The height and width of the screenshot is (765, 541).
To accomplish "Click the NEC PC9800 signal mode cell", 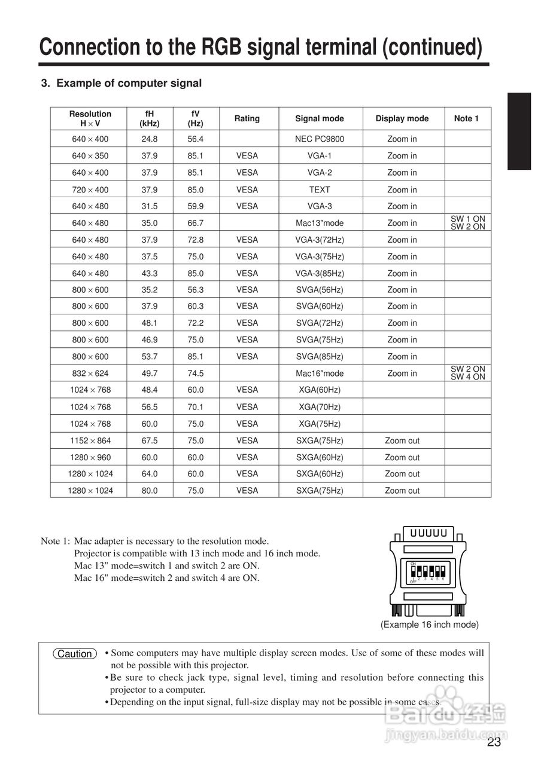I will pyautogui.click(x=320, y=139).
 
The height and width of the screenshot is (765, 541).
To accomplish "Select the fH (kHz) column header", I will pyautogui.click(x=150, y=118).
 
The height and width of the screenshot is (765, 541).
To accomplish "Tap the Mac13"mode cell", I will pyautogui.click(x=320, y=223).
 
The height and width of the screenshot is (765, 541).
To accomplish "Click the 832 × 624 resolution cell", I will pyautogui.click(x=90, y=373).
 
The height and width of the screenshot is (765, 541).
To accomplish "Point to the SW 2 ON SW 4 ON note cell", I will pyautogui.click(x=467, y=373).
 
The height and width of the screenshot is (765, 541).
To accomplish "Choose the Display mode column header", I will pyautogui.click(x=402, y=118).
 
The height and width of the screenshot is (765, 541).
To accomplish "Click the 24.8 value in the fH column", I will pyautogui.click(x=150, y=139).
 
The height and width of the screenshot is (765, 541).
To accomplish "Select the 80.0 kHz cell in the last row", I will pyautogui.click(x=150, y=490).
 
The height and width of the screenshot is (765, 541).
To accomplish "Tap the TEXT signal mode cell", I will pyautogui.click(x=320, y=189).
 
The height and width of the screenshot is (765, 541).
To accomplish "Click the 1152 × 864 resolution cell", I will pyautogui.click(x=90, y=440).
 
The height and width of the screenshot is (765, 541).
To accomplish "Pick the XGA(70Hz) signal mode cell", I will pyautogui.click(x=320, y=406).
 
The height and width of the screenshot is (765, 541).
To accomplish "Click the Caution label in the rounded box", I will pyautogui.click(x=74, y=654).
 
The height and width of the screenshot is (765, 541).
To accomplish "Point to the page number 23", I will pyautogui.click(x=494, y=743).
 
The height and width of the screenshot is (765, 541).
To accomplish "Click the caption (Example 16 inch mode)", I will pyautogui.click(x=429, y=625).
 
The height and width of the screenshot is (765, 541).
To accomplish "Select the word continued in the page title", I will pyautogui.click(x=431, y=47).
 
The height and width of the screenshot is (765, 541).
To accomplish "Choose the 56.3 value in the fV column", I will pyautogui.click(x=196, y=289).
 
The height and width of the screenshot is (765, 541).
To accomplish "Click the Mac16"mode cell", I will pyautogui.click(x=320, y=373).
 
